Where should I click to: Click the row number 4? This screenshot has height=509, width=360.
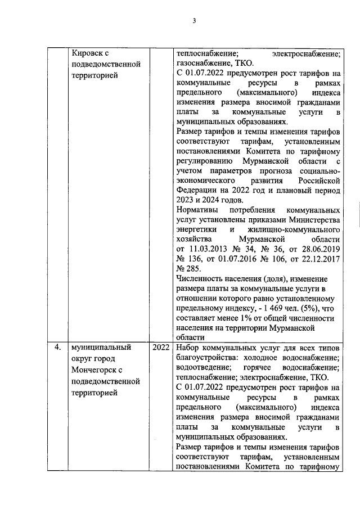(57, 347)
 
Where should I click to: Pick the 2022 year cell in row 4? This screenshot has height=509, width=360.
(161, 347)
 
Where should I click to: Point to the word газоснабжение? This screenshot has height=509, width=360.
(203, 64)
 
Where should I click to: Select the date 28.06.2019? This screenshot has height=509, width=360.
(317, 248)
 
